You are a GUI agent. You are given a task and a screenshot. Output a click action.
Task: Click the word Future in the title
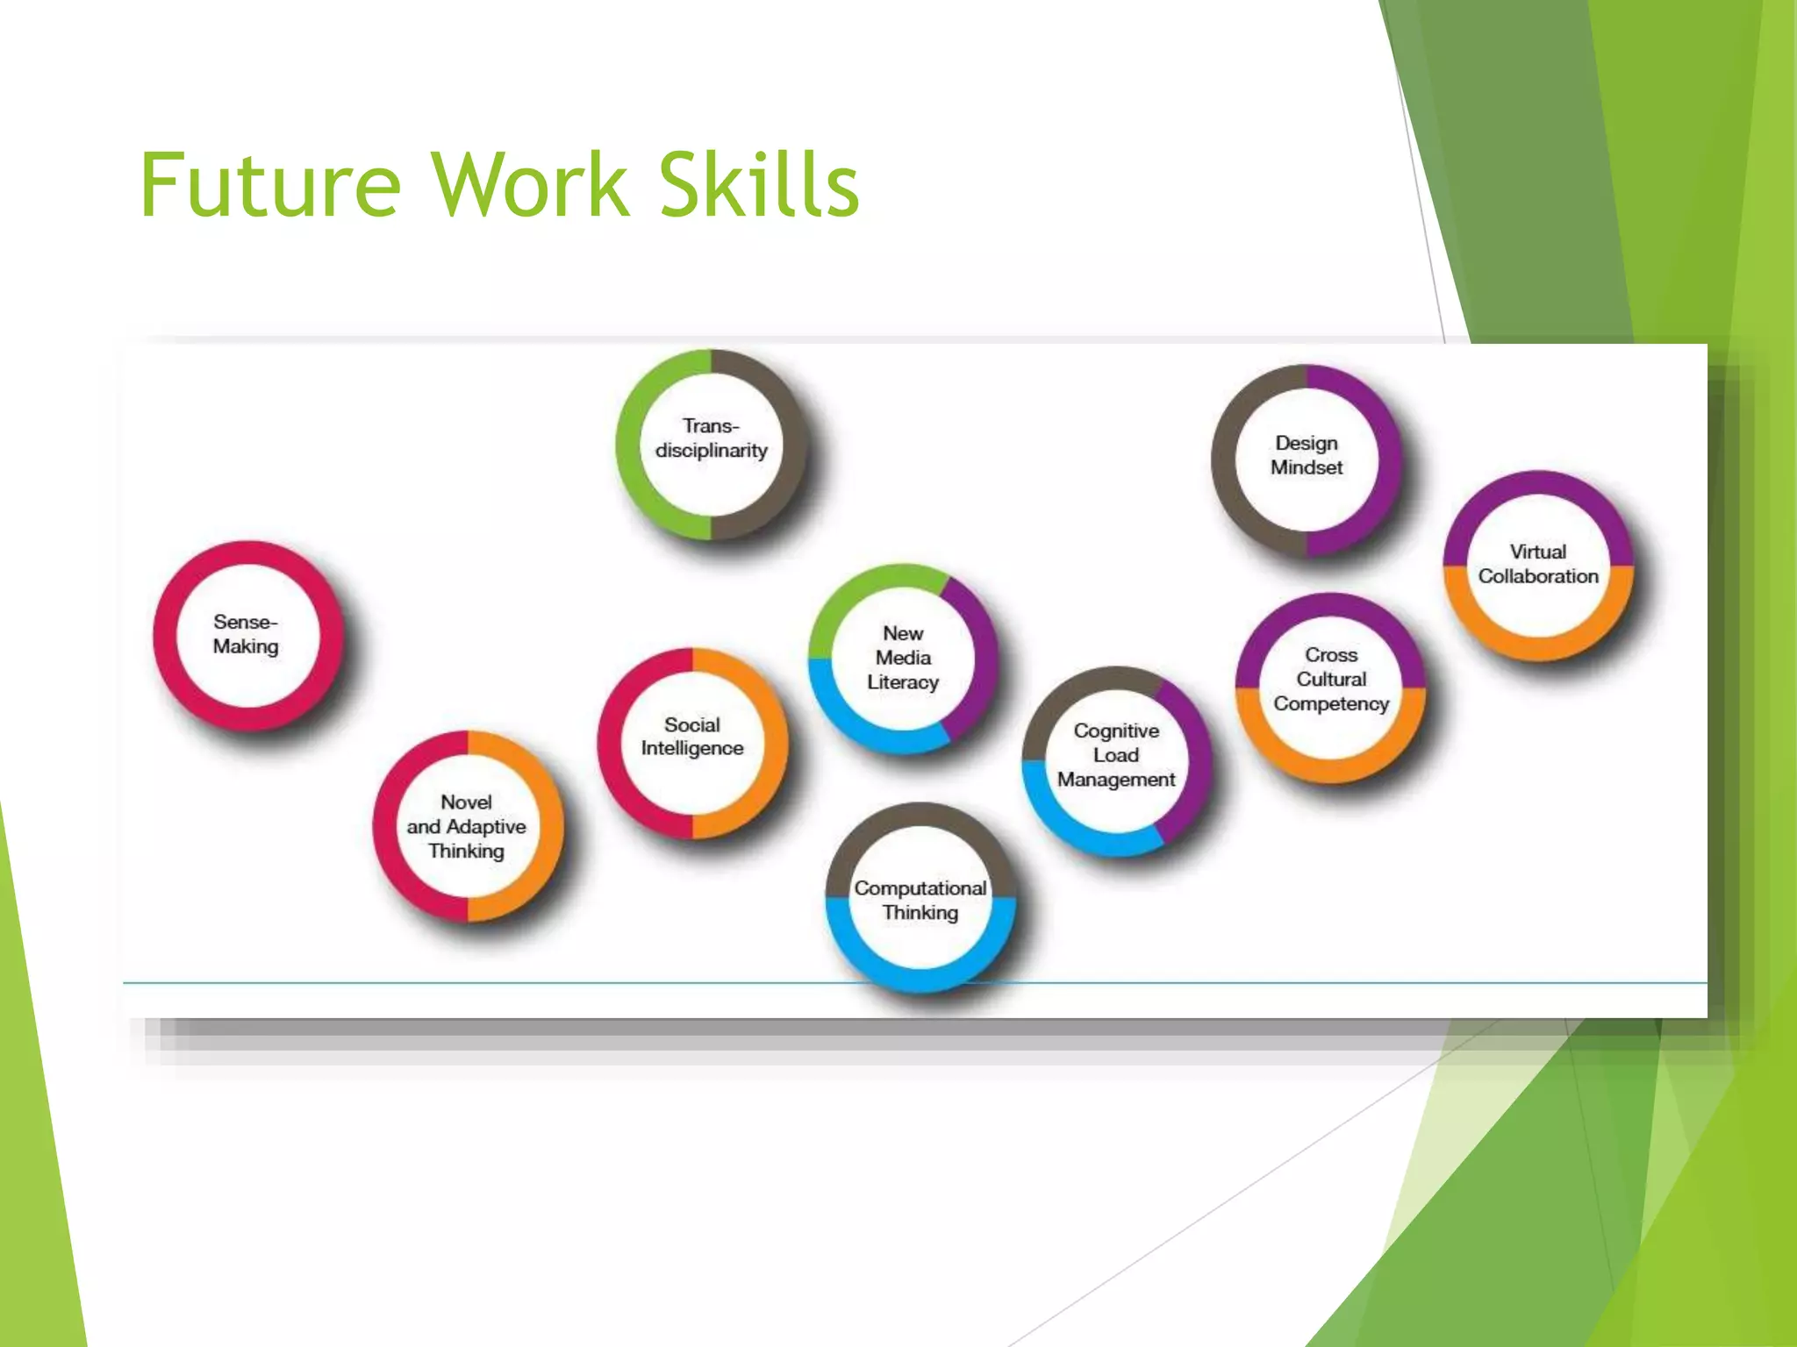270,185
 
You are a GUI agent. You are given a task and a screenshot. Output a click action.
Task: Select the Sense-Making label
246,634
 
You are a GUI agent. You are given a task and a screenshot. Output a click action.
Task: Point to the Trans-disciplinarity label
711,438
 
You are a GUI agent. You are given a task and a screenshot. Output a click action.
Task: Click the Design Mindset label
1307,455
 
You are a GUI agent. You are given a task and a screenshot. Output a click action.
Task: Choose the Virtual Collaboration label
1538,564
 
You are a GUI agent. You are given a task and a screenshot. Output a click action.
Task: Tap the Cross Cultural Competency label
1331,679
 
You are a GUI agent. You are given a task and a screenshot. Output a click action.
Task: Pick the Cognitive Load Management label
1116,755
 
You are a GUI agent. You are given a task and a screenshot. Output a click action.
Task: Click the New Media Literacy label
903,658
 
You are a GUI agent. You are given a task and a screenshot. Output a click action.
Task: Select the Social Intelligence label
692,737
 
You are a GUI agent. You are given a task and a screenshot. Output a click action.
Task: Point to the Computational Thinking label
920,900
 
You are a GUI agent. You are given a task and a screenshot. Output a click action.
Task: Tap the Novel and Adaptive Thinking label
466,826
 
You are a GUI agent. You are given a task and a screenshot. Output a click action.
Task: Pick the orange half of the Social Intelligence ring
774,743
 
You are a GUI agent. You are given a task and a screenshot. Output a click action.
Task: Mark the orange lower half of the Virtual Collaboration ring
1538,646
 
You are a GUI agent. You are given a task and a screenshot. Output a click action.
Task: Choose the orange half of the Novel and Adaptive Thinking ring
549,826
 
